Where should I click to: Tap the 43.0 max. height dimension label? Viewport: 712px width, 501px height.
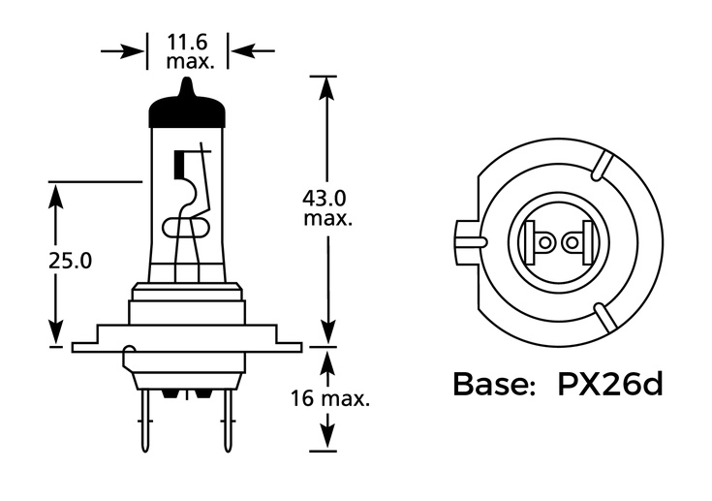click(327, 208)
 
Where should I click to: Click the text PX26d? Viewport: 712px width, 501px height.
click(609, 385)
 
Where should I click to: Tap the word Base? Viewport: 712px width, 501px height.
click(495, 385)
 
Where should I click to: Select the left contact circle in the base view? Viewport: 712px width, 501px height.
click(544, 241)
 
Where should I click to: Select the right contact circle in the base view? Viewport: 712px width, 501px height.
click(572, 241)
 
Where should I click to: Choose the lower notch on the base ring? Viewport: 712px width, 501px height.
click(603, 316)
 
